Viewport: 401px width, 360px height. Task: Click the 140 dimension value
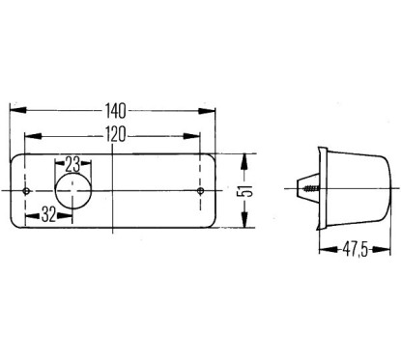(115, 111)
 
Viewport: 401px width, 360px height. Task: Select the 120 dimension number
(116, 134)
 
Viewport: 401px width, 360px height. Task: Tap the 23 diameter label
(72, 164)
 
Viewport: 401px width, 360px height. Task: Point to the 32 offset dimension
(48, 214)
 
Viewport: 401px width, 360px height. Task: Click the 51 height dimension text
(245, 191)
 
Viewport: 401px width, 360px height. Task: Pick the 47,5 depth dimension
(355, 250)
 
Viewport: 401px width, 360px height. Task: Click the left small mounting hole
(26, 191)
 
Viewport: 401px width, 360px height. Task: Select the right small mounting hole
(200, 191)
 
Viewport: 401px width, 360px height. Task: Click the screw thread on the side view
(311, 189)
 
